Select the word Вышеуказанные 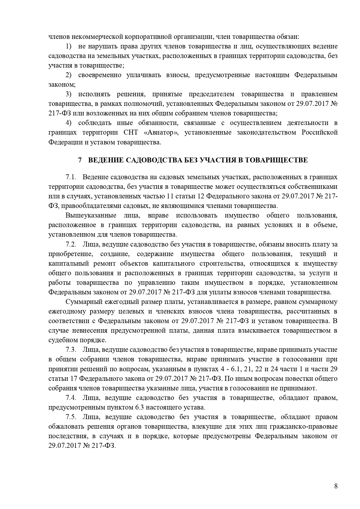click(x=91, y=215)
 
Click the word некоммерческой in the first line click(x=92, y=37)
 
